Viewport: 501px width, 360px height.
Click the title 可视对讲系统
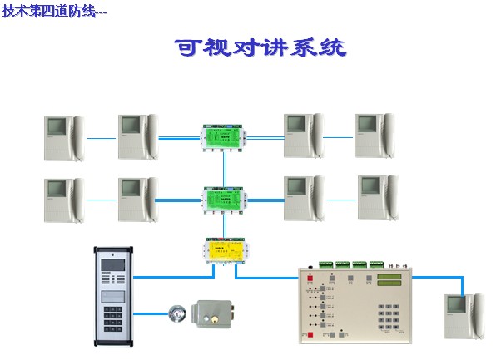(260, 47)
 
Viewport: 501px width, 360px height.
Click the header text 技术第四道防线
(53, 11)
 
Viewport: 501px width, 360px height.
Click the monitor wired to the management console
(464, 315)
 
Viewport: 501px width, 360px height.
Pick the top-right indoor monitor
(375, 135)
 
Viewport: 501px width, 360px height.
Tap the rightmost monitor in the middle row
(378, 197)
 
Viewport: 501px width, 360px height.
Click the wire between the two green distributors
(223, 166)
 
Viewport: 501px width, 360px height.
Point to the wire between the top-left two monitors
(101, 138)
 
